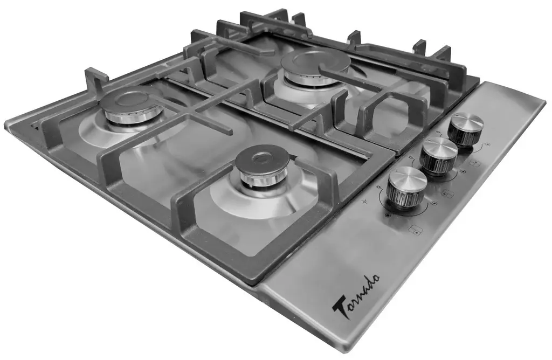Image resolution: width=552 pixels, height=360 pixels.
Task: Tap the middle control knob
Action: [x=438, y=155]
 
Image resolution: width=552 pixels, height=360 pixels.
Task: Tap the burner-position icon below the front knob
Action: [x=414, y=230]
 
